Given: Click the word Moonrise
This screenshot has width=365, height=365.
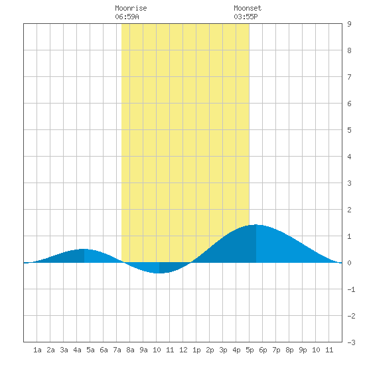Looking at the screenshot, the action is pyautogui.click(x=131, y=8).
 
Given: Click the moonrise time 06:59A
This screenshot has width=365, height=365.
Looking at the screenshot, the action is pyautogui.click(x=127, y=17).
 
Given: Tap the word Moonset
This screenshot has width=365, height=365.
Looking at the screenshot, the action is pyautogui.click(x=248, y=8).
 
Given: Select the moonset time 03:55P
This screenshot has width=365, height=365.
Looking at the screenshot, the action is pyautogui.click(x=246, y=17).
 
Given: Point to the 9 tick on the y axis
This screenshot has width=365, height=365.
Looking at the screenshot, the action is pyautogui.click(x=349, y=24).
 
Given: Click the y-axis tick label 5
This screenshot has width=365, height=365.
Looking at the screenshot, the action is pyautogui.click(x=349, y=130).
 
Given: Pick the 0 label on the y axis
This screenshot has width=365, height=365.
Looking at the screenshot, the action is pyautogui.click(x=349, y=263).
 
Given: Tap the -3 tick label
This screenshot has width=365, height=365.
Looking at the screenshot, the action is pyautogui.click(x=351, y=342).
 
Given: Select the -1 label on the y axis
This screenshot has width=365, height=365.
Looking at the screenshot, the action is pyautogui.click(x=351, y=289).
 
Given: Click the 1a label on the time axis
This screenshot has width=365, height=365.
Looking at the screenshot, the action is pyautogui.click(x=37, y=350).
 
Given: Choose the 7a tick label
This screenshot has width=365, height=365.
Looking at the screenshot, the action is pyautogui.click(x=117, y=350).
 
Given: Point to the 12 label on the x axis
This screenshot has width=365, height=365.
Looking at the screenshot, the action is pyautogui.click(x=183, y=350).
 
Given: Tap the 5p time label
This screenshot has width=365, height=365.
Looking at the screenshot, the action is pyautogui.click(x=250, y=350).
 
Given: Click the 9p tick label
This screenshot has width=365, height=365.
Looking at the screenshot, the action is pyautogui.click(x=303, y=350).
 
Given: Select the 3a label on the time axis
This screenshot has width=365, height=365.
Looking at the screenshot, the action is pyautogui.click(x=64, y=350).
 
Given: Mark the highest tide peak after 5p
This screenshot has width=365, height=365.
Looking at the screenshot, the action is pyautogui.click(x=256, y=224).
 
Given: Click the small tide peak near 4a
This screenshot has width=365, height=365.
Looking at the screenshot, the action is pyautogui.click(x=84, y=249).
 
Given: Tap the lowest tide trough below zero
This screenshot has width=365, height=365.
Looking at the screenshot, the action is pyautogui.click(x=159, y=273).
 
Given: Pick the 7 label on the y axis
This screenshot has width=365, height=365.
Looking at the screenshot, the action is pyautogui.click(x=349, y=77).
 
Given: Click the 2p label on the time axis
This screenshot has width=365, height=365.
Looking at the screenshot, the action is pyautogui.click(x=210, y=350).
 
